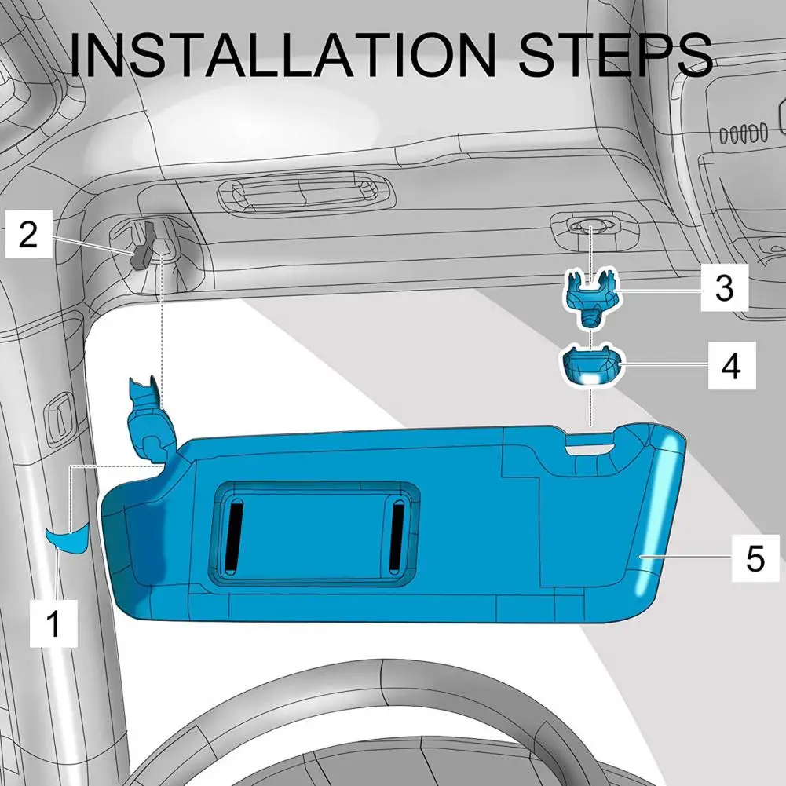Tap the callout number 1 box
click(x=53, y=624)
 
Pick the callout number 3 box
click(x=723, y=288)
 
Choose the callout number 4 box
click(x=730, y=366)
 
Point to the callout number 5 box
click(x=755, y=558)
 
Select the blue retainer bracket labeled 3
click(x=590, y=294)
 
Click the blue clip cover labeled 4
click(x=590, y=366)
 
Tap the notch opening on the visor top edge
click(x=590, y=443)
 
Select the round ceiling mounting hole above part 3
click(x=590, y=228)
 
